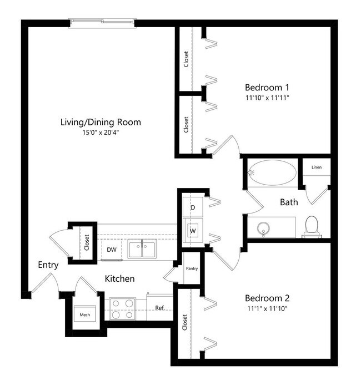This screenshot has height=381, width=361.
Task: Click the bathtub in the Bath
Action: tap(272, 172)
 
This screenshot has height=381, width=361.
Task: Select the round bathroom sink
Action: tap(263, 228)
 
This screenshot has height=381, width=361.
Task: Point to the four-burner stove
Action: tap(122, 308)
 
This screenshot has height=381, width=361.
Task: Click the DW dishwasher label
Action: tap(112, 250)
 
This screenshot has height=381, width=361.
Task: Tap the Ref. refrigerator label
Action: tap(160, 308)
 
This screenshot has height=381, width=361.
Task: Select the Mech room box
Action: tap(85, 314)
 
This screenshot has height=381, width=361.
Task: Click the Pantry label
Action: tap(192, 268)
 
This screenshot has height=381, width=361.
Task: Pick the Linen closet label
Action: tap(316, 167)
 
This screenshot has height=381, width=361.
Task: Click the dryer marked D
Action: tap(193, 207)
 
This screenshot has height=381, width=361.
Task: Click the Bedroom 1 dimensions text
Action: tap(267, 98)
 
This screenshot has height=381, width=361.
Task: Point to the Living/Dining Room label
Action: tap(101, 122)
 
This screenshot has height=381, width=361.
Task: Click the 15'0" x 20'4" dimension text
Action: tap(101, 133)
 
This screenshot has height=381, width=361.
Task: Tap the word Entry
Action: tap(48, 265)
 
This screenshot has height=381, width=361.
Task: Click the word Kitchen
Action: tap(119, 278)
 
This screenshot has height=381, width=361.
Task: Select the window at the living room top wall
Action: tap(102, 22)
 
